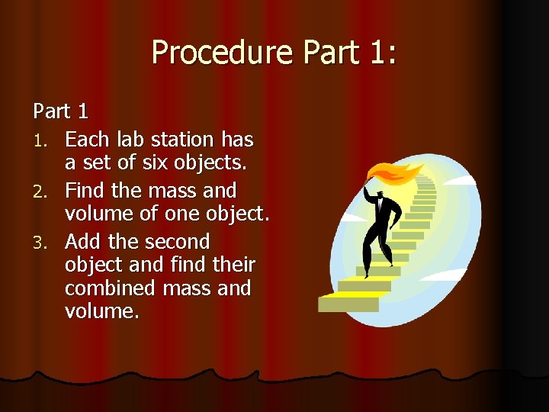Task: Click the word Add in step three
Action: (x=84, y=242)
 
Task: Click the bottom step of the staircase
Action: (x=348, y=304)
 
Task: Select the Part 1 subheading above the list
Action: (x=61, y=111)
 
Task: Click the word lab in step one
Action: (x=132, y=140)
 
